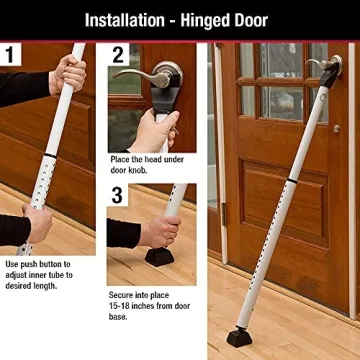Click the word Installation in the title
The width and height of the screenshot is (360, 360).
pyautogui.click(x=128, y=19)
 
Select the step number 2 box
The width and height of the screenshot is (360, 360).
pyautogui.click(x=119, y=55)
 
